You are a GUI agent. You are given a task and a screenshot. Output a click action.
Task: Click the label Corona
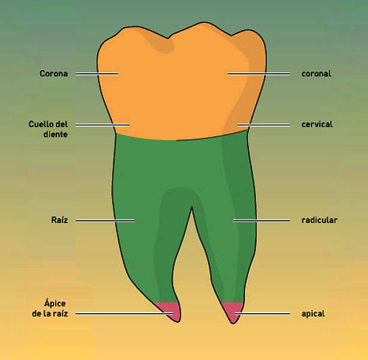point(54,74)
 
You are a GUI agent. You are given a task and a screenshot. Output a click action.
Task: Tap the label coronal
point(316,74)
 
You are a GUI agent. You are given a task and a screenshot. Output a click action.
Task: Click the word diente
point(56,134)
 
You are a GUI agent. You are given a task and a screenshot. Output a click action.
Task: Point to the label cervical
point(317,124)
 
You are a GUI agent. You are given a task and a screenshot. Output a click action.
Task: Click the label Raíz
point(59,220)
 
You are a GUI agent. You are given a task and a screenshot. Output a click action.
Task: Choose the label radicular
point(319,220)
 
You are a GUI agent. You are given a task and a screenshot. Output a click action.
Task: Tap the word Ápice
point(55,303)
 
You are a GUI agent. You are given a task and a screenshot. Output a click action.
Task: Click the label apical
point(313,314)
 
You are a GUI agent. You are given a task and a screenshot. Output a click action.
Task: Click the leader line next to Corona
point(97,74)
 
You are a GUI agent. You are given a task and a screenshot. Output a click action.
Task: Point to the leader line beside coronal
point(259,74)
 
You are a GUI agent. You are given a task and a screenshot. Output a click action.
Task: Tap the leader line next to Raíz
point(105,220)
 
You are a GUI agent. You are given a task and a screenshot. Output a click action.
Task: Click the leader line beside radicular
point(261,220)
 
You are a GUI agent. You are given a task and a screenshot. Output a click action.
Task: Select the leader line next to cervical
point(264,125)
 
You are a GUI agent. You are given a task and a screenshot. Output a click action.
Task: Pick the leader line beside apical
point(262,314)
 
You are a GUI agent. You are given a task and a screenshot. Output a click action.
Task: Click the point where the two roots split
point(192,207)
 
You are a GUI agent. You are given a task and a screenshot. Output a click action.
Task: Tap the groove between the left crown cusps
point(169,38)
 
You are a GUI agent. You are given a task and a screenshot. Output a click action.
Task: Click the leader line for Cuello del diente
point(103,125)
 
